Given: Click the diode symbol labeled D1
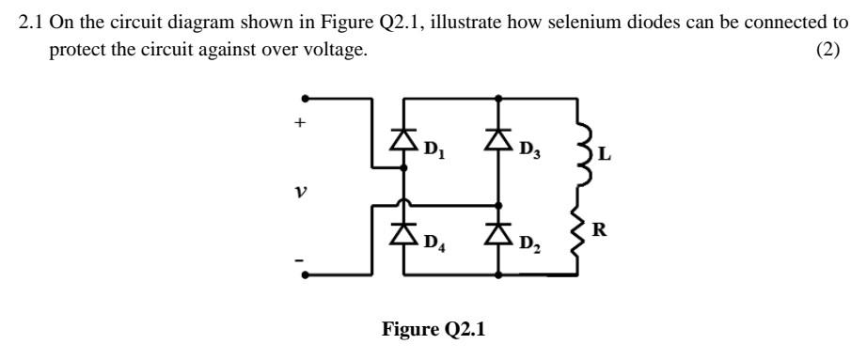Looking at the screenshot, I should [x=404, y=139].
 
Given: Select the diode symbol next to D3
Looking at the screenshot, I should [x=498, y=139].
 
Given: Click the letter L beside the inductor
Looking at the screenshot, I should [x=605, y=156].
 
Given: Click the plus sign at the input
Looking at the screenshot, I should [x=302, y=122].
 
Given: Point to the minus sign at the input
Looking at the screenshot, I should [x=302, y=256].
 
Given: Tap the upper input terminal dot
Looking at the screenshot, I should [x=304, y=97].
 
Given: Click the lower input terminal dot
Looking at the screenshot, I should [x=304, y=274].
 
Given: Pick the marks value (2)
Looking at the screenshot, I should [x=828, y=50].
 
